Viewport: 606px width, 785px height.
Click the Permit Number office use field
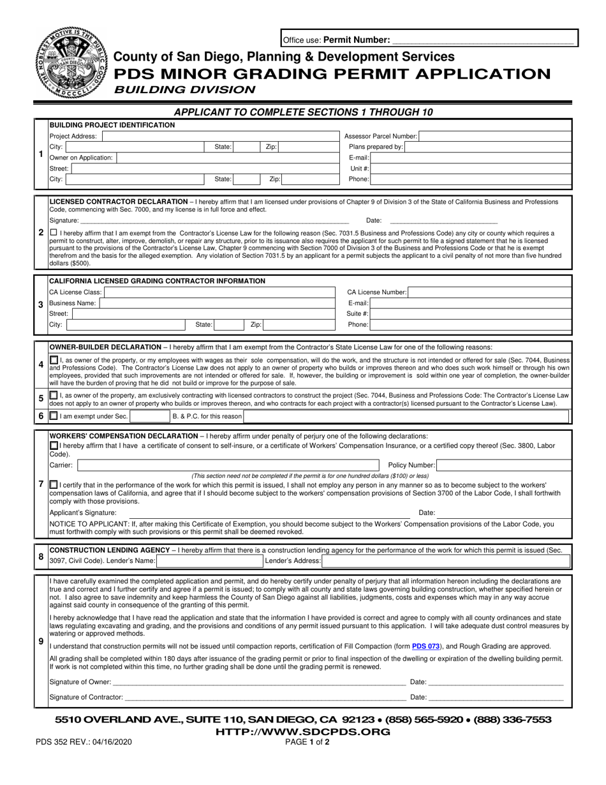click(x=482, y=40)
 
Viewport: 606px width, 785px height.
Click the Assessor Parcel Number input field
click(x=495, y=136)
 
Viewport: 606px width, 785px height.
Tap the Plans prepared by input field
click(x=488, y=147)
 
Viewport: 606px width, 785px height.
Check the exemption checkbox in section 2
click(x=53, y=234)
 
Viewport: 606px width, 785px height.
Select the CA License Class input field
click(x=216, y=292)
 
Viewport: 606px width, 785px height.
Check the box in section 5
click(x=54, y=395)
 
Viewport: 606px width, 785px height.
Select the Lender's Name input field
click(x=209, y=561)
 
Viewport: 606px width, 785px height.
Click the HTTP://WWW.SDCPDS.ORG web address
click(x=303, y=731)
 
